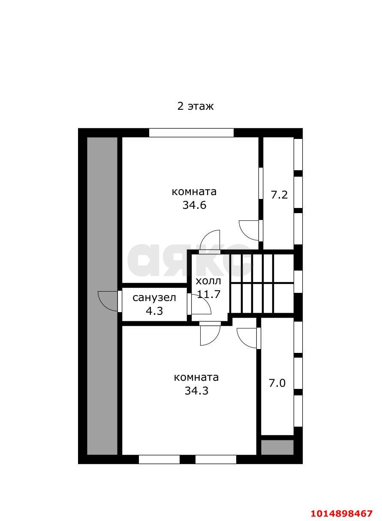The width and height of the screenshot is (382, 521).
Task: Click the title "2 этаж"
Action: point(196,106)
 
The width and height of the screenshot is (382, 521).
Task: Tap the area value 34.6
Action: point(194,205)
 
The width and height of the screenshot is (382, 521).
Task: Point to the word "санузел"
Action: point(154,298)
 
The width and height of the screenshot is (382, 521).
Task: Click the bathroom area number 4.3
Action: point(154,311)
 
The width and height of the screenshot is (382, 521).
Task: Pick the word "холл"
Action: point(208,281)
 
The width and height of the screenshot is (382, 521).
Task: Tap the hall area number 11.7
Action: point(208,295)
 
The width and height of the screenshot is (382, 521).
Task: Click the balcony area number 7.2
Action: point(279,195)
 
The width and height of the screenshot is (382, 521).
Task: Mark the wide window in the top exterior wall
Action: point(191,133)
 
